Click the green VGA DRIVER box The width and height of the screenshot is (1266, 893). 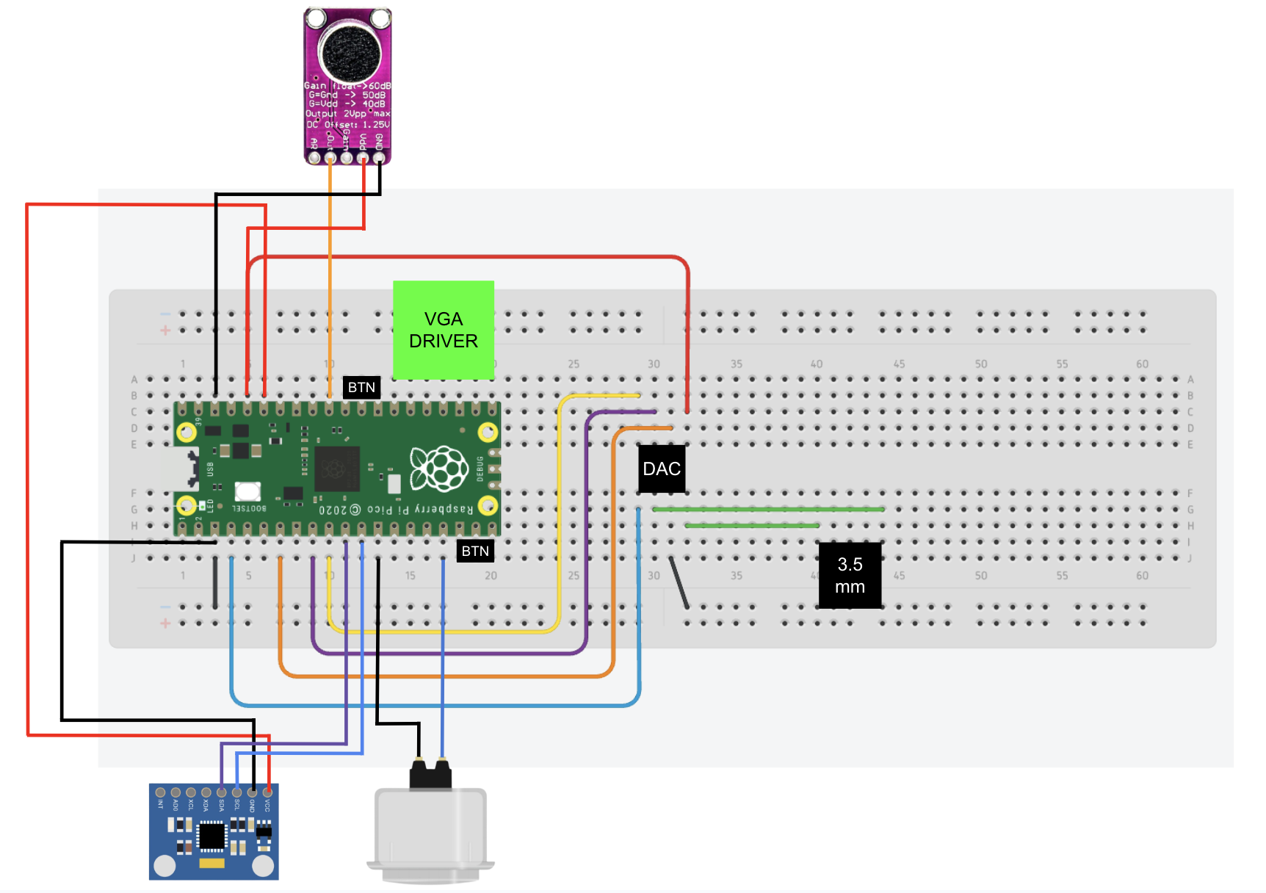[443, 330]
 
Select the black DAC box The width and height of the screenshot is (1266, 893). [662, 469]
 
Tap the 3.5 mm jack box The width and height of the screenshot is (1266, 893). [850, 576]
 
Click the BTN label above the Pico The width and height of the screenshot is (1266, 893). [361, 387]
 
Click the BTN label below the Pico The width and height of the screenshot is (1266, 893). [475, 551]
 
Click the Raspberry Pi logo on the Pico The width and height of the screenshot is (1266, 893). [439, 469]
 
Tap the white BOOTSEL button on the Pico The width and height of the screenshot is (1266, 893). [247, 491]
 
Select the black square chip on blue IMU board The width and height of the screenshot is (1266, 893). [211, 836]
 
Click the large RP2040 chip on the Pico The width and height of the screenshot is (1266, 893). [336, 469]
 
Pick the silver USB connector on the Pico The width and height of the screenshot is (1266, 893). [180, 469]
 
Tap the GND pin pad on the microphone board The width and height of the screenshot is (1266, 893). [379, 157]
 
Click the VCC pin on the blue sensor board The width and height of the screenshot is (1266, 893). [267, 792]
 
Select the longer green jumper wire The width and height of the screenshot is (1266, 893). [767, 509]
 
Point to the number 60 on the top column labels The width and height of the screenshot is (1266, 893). [1142, 364]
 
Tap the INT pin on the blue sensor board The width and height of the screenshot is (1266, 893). [160, 792]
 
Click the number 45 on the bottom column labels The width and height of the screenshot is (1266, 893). [899, 576]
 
